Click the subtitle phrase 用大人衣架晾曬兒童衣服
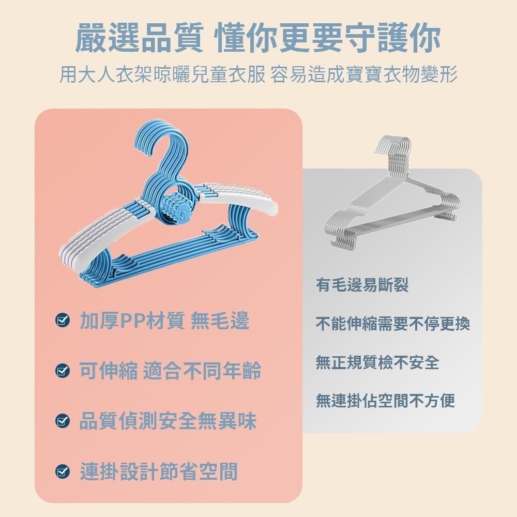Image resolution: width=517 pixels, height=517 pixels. click(162, 74)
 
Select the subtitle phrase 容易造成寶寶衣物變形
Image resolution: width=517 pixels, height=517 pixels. click(364, 74)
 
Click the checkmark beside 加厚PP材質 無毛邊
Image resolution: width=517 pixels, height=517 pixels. click(63, 321)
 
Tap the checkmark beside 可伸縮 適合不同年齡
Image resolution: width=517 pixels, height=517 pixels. click(63, 371)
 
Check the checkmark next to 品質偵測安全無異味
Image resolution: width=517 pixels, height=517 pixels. click(63, 421)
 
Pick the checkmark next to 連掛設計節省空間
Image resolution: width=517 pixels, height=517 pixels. click(63, 471)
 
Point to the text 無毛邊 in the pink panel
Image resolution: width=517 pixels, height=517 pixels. click(220, 321)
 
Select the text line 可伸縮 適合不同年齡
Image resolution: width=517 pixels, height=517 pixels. click(170, 371)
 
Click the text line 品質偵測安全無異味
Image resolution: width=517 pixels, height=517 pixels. click(168, 421)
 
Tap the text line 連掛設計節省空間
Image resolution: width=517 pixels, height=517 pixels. click(159, 471)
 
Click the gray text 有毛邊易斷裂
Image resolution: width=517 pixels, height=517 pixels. click(362, 284)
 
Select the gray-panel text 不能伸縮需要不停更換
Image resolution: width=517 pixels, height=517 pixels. click(393, 324)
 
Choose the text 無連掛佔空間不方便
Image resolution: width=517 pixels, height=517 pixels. click(385, 400)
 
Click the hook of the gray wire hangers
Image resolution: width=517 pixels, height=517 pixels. click(393, 147)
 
